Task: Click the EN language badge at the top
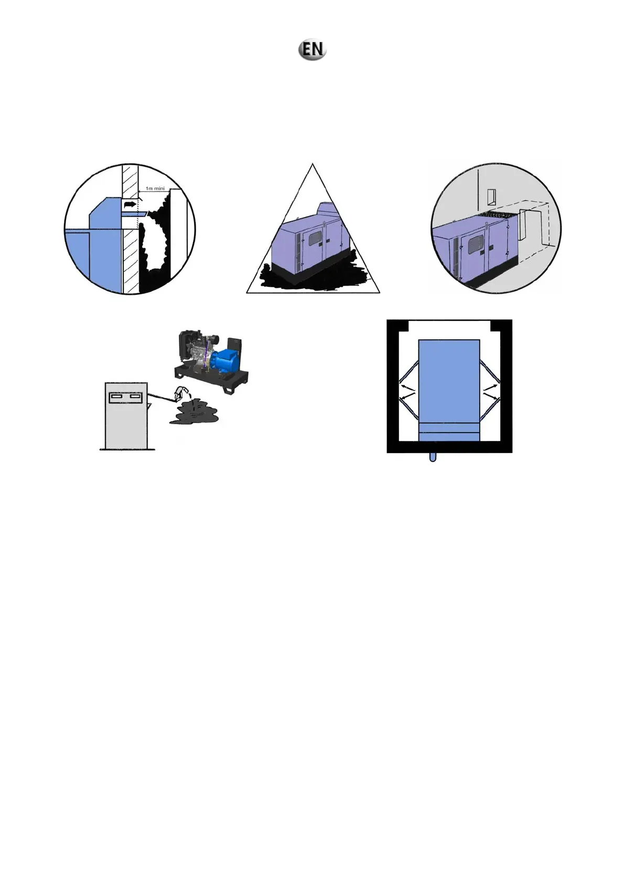[313, 49]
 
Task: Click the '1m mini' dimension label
[155, 188]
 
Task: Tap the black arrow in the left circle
[129, 203]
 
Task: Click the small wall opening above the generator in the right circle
[491, 197]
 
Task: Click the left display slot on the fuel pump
[116, 397]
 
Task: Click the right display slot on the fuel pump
[135, 397]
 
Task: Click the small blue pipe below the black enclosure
[433, 457]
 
